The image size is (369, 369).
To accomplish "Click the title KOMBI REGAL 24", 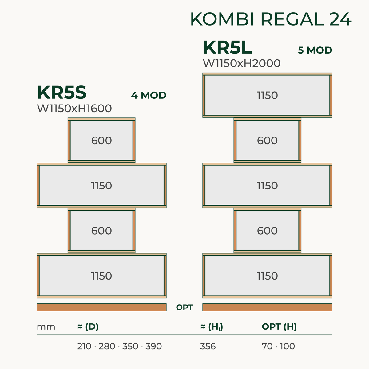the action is coord(271,19).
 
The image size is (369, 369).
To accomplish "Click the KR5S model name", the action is coord(62,93).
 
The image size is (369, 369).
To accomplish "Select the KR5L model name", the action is coord(227,47).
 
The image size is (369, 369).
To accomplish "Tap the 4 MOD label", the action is coord(149,95).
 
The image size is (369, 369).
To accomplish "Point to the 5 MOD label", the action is coord(315,50).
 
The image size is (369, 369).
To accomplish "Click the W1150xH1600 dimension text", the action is coord(74,109).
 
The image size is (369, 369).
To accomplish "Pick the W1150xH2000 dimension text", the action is coord(242,63).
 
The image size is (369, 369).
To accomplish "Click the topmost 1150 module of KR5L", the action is coord(267,95).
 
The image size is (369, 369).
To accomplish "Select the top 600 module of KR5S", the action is coord(101,140).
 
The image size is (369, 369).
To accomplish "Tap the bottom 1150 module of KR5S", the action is coord(101,276).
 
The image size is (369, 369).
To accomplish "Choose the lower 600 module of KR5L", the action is coord(267,231).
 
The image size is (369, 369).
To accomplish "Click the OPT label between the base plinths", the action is coord(184,307).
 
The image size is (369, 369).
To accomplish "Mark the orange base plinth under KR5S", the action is coord(101,307).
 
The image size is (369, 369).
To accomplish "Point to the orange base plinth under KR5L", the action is coord(267,307).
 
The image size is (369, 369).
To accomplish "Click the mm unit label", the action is coord(46,327).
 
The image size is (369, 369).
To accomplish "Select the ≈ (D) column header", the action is coord(88,327).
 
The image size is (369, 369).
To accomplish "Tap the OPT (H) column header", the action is coord(279,327).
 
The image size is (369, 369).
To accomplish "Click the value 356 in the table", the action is coord(208,347).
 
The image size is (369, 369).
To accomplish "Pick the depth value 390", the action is coord(153,347).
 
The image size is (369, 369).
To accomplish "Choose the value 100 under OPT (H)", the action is coord(288,347).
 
